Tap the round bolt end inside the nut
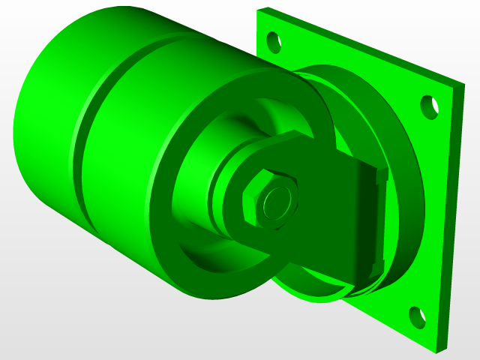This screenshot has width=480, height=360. point(275,200)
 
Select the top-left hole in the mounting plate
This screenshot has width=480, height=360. point(274,39)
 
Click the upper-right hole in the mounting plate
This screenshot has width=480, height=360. point(429,106)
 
